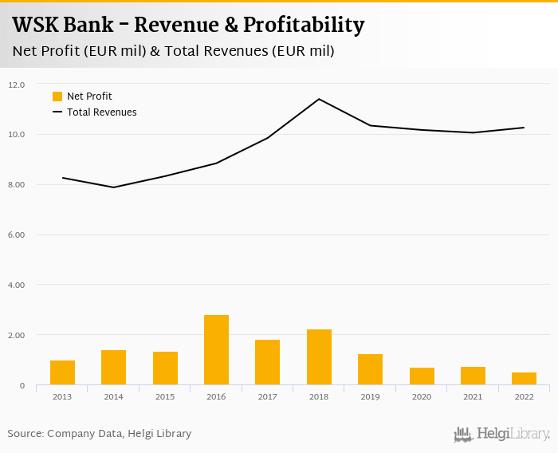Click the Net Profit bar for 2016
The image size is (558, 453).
[x=216, y=350]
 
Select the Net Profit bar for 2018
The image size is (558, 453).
[x=319, y=357]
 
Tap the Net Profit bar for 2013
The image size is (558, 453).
[x=62, y=372]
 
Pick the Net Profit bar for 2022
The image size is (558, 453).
[x=524, y=379]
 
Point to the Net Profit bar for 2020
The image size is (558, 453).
[x=422, y=376]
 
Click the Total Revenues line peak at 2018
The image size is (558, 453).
[x=319, y=99]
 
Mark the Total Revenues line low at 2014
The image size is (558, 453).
[x=114, y=187]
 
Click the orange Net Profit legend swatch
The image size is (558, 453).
[x=57, y=97]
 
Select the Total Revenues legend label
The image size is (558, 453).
[x=101, y=112]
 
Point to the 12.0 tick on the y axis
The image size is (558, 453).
[x=17, y=85]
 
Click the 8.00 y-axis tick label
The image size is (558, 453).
[x=17, y=185]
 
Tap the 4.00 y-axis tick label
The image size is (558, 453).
[x=17, y=285]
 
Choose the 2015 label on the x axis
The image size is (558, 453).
[x=165, y=396]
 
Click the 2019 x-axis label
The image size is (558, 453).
[x=370, y=396]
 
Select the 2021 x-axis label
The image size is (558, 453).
[x=473, y=396]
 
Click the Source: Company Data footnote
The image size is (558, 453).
[x=100, y=434]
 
